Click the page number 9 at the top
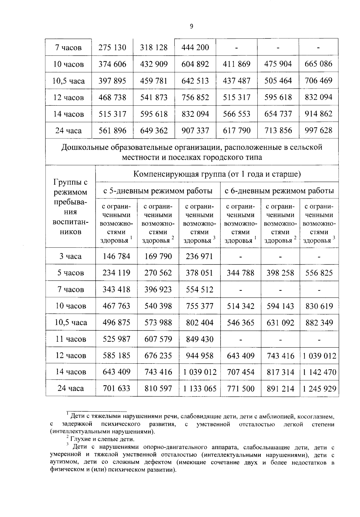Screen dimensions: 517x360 tap(191, 26)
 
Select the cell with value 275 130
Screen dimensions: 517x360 tap(112, 47)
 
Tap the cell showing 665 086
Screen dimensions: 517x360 tap(318, 64)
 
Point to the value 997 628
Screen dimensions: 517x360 tap(318, 130)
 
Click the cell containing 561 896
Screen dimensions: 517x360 tap(112, 130)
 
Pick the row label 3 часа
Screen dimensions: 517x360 tap(70, 256)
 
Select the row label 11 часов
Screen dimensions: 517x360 tap(71, 339)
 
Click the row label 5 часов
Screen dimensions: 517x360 tap(71, 273)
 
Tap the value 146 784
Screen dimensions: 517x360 tap(116, 256)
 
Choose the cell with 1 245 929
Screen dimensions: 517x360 tap(319, 389)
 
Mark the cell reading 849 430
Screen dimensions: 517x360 tap(199, 339)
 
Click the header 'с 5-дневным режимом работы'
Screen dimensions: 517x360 tap(158, 191)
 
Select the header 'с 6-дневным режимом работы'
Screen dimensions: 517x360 tap(279, 191)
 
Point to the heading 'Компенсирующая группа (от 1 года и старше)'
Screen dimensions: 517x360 tap(217, 174)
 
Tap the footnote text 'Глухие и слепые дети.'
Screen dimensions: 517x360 tap(102, 439)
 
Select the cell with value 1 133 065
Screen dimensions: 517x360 tap(199, 389)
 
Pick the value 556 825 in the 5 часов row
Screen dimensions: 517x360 tap(319, 273)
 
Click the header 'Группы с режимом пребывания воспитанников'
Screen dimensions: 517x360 tap(70, 207)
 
